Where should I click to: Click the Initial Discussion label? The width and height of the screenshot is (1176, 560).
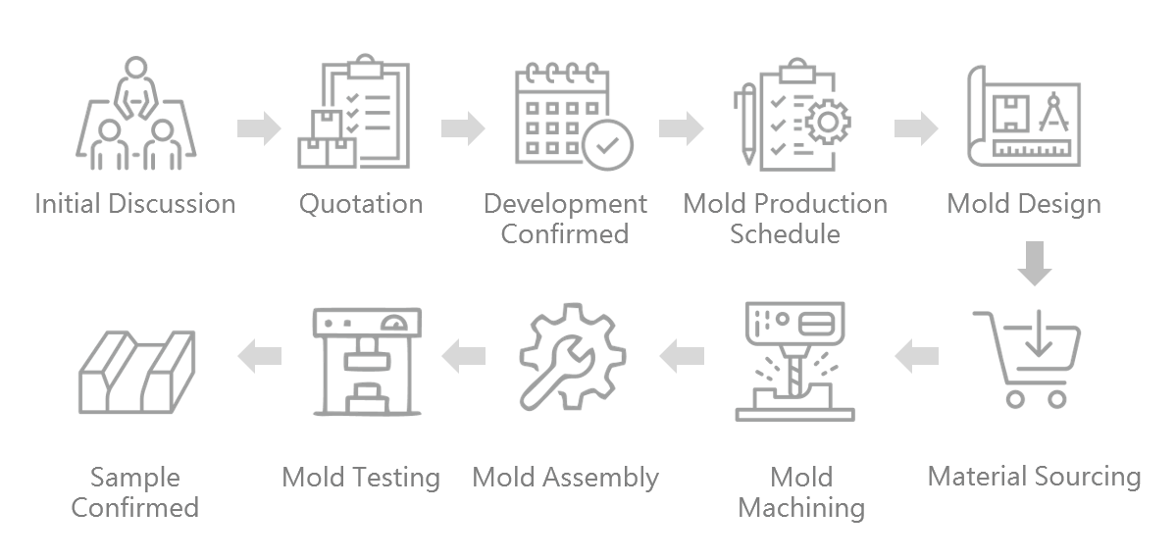tap(135, 204)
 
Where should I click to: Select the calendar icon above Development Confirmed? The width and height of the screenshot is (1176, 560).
tap(566, 113)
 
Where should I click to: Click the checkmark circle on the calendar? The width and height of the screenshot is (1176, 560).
tap(607, 145)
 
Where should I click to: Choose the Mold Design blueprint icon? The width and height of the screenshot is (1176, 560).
tap(1024, 114)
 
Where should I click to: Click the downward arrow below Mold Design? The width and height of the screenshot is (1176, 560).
tap(1034, 263)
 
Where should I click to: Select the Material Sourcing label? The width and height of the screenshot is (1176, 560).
tap(1034, 477)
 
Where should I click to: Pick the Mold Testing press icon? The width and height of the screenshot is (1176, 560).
tap(367, 360)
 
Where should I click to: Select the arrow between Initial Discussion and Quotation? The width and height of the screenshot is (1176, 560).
tap(259, 128)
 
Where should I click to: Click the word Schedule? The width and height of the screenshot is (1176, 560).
tap(785, 234)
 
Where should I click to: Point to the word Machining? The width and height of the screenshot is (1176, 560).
tap(801, 508)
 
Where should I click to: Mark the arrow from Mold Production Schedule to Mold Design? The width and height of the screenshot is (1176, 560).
tap(916, 128)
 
